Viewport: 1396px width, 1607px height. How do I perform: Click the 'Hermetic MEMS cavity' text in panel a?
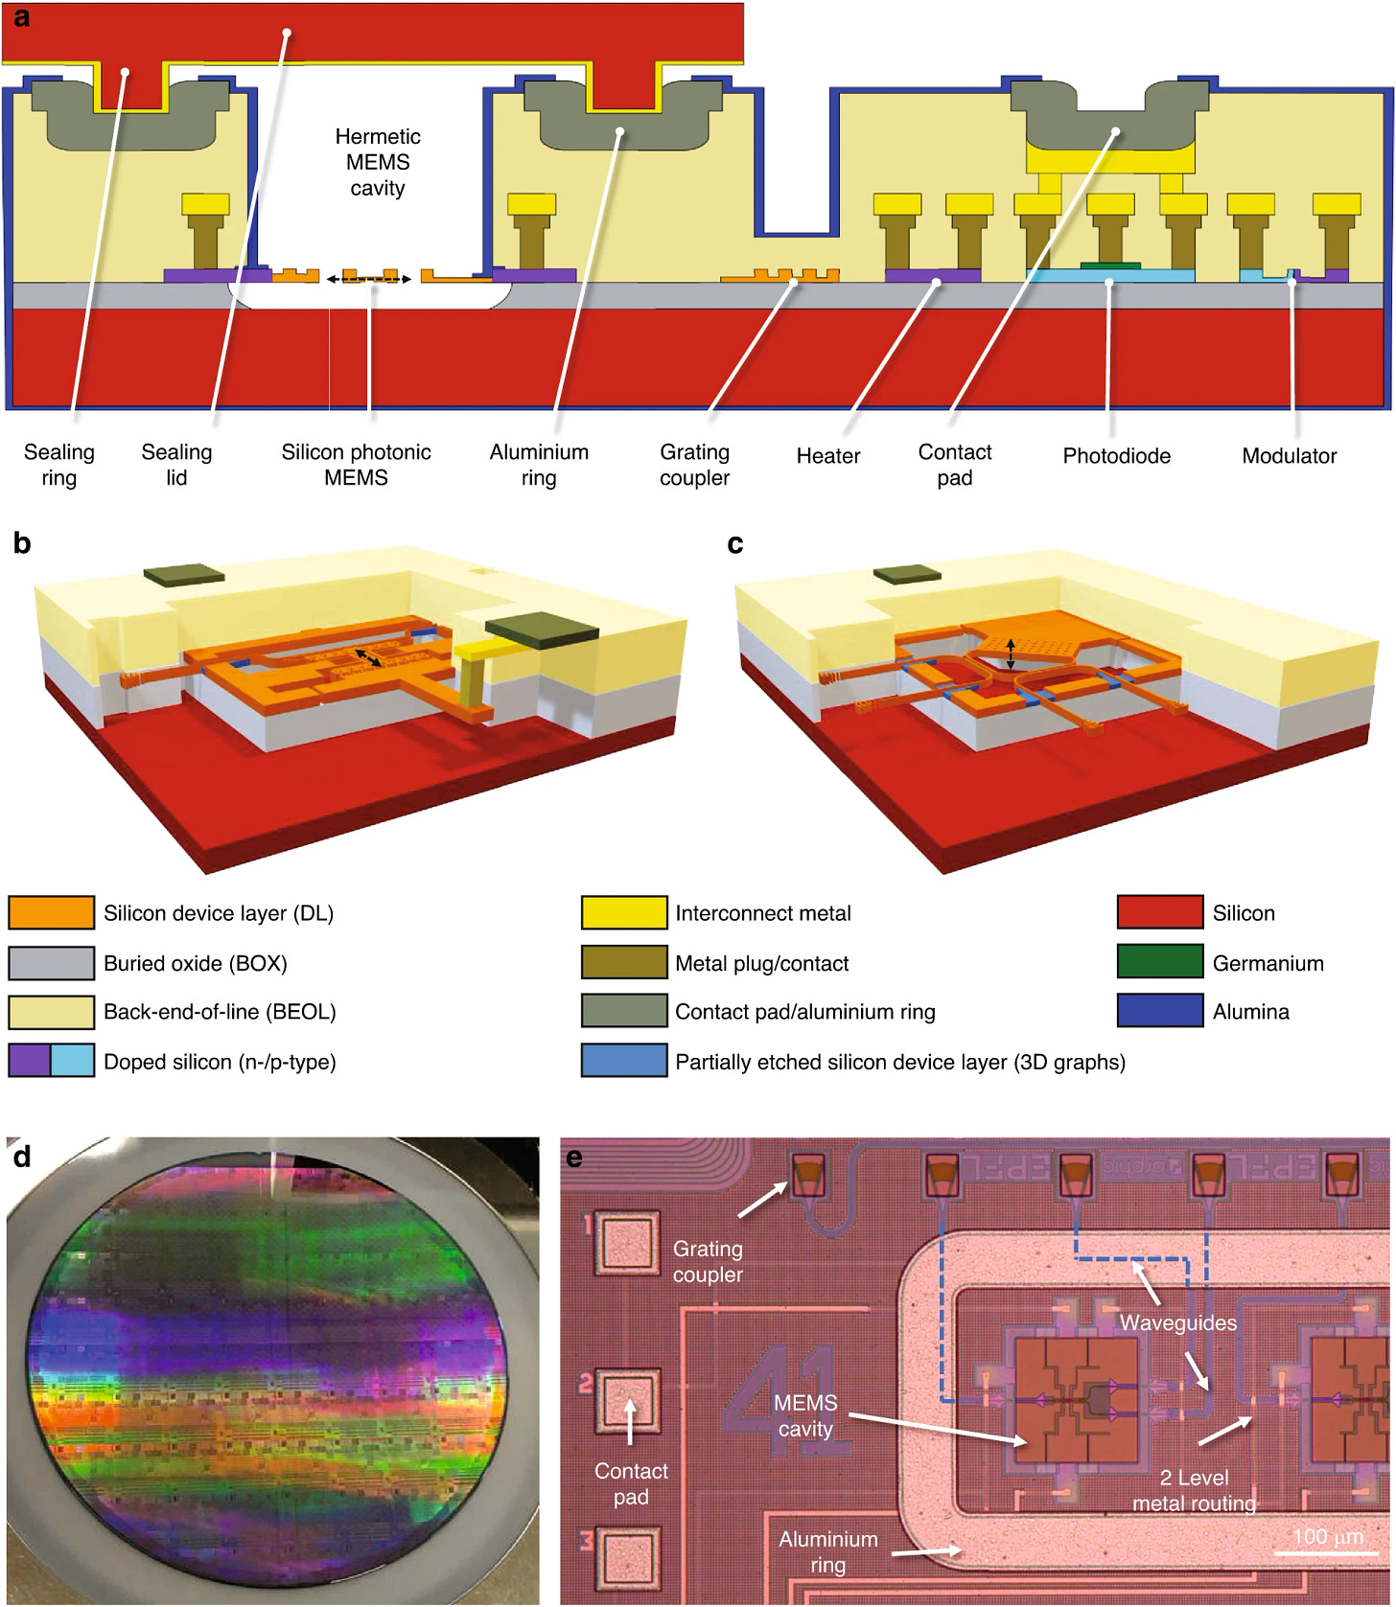point(378,162)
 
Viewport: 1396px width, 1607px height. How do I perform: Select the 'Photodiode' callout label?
point(1116,456)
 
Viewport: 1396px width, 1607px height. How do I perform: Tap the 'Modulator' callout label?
point(1289,456)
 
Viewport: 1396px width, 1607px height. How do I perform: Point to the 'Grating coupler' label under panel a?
point(694,465)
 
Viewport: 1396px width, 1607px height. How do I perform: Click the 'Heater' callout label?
point(828,456)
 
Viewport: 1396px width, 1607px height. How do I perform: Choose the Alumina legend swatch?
point(1159,1011)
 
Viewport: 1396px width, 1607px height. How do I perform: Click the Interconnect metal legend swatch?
point(623,912)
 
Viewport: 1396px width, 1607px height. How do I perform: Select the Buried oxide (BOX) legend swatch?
point(51,962)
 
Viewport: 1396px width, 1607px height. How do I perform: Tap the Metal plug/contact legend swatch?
point(623,962)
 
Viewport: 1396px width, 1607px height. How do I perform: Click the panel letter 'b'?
point(22,544)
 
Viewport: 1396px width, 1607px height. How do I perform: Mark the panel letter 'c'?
point(735,544)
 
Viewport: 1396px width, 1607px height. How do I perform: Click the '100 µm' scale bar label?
point(1327,1536)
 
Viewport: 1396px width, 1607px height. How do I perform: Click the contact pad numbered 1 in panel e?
point(628,1243)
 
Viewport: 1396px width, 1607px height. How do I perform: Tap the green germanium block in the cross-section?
point(1110,265)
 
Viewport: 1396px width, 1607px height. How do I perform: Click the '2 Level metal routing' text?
point(1194,1490)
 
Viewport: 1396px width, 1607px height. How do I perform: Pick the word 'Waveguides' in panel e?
point(1177,1322)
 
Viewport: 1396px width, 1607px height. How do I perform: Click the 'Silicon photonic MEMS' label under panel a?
point(356,465)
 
